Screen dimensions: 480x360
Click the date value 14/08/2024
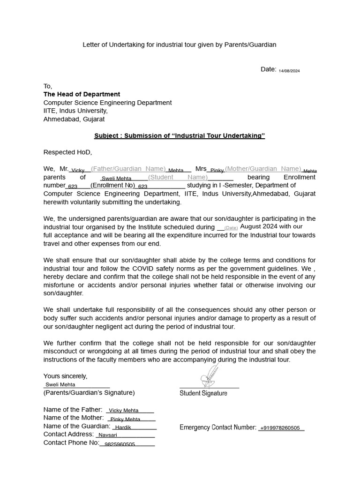pyautogui.click(x=289, y=71)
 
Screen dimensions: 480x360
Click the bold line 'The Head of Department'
pyautogui.click(x=82, y=94)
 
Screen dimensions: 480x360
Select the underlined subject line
pyautogui.click(x=180, y=136)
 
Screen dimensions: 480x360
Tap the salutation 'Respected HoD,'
pyautogui.click(x=68, y=152)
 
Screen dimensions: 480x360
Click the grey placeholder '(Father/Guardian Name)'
pyautogui.click(x=128, y=169)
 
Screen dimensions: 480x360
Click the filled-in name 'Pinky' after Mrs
pyautogui.click(x=217, y=171)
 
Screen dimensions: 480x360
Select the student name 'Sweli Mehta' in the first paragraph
pyautogui.click(x=117, y=179)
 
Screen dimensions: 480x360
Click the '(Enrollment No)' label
pyautogui.click(x=112, y=185)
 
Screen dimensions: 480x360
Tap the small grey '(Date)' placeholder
pyautogui.click(x=231, y=228)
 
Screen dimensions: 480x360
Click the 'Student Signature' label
pyautogui.click(x=203, y=393)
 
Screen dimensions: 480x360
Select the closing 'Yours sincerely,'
pyautogui.click(x=65, y=376)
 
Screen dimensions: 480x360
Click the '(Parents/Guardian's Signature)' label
pyautogui.click(x=89, y=392)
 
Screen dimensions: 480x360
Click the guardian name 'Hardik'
pyautogui.click(x=123, y=427)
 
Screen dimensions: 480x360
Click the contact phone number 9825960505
pyautogui.click(x=120, y=444)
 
